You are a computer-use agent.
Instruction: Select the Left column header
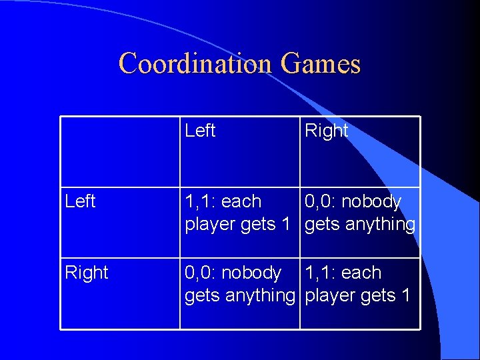coord(200,131)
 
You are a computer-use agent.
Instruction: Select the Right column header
coord(326,131)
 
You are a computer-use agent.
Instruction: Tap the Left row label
coord(81,201)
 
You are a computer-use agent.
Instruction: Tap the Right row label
coord(87,272)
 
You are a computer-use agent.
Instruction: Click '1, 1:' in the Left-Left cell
coord(201,201)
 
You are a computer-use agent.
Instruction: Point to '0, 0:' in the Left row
coord(321,201)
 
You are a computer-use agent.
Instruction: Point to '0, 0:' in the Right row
coord(201,273)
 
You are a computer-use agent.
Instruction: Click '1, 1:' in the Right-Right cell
coord(321,273)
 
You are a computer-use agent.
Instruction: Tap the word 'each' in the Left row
coord(241,201)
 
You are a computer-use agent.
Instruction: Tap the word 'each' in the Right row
coord(361,273)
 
